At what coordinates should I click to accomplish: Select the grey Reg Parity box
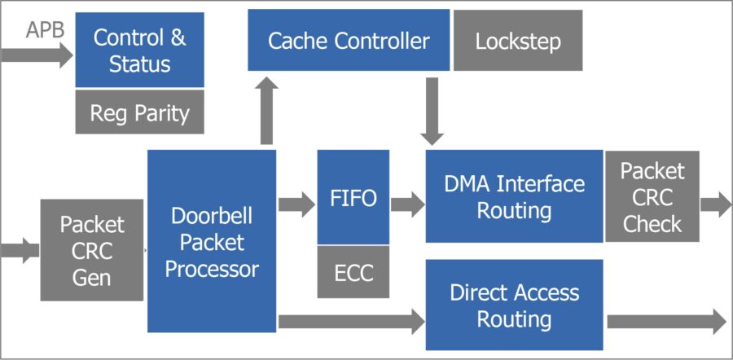(x=139, y=112)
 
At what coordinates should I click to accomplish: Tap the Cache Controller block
(x=349, y=40)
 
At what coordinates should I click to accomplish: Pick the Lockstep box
(x=517, y=40)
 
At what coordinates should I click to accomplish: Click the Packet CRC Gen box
(x=93, y=251)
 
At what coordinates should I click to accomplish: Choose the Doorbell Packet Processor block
(x=212, y=241)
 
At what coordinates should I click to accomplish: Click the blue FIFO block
(x=353, y=197)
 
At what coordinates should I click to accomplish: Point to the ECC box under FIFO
(x=353, y=272)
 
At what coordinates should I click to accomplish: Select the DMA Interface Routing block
(x=514, y=196)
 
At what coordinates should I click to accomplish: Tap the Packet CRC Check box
(x=652, y=196)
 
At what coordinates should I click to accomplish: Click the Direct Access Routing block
(x=514, y=305)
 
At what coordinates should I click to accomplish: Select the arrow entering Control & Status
(x=37, y=55)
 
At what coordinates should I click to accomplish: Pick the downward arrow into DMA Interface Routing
(x=432, y=111)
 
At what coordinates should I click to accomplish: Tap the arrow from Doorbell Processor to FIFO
(x=296, y=204)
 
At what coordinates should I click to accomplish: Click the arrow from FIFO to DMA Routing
(x=407, y=204)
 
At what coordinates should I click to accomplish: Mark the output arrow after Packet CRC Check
(x=715, y=204)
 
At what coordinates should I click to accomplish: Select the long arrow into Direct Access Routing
(x=351, y=321)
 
